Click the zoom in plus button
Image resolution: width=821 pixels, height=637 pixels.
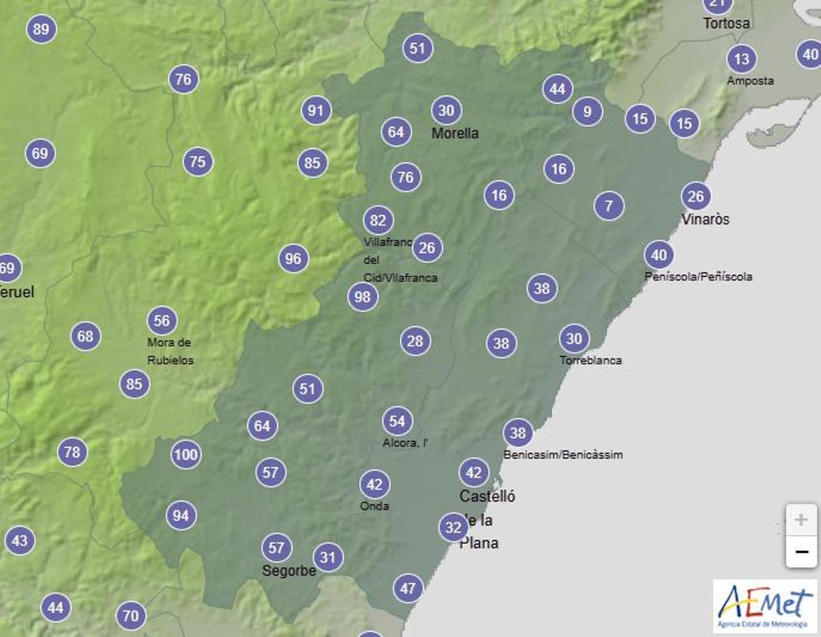click(800, 520)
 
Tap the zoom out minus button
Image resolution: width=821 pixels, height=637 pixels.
click(800, 551)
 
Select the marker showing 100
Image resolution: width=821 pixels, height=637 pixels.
click(185, 454)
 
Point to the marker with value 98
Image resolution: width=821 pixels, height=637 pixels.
click(363, 297)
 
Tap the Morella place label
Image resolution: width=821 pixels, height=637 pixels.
click(455, 133)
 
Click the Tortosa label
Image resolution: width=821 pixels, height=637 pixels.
click(727, 23)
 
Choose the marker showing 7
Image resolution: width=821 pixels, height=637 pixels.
click(609, 205)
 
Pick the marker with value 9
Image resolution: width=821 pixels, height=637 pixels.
click(587, 110)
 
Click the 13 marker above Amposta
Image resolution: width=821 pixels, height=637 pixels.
click(742, 59)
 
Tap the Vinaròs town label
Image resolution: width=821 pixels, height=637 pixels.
click(705, 220)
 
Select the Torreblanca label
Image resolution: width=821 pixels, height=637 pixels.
click(590, 360)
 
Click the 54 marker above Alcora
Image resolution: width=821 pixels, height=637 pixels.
click(397, 421)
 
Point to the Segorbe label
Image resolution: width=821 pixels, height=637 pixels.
click(289, 571)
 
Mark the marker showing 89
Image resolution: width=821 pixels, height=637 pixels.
click(41, 29)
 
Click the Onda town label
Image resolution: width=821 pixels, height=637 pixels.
click(374, 506)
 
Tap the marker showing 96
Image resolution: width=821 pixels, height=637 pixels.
click(294, 259)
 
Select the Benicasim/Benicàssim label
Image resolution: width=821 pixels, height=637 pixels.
click(563, 454)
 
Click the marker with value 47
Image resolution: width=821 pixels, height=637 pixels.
click(408, 588)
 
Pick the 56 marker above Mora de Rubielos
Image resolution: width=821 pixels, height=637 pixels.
click(161, 320)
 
